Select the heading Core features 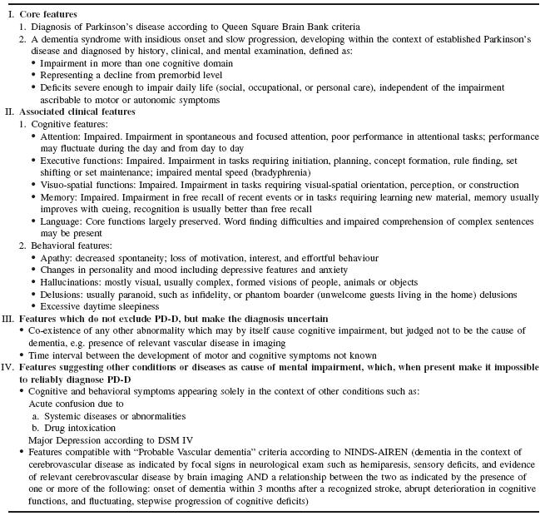(50, 15)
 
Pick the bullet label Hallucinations (74, 283)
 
